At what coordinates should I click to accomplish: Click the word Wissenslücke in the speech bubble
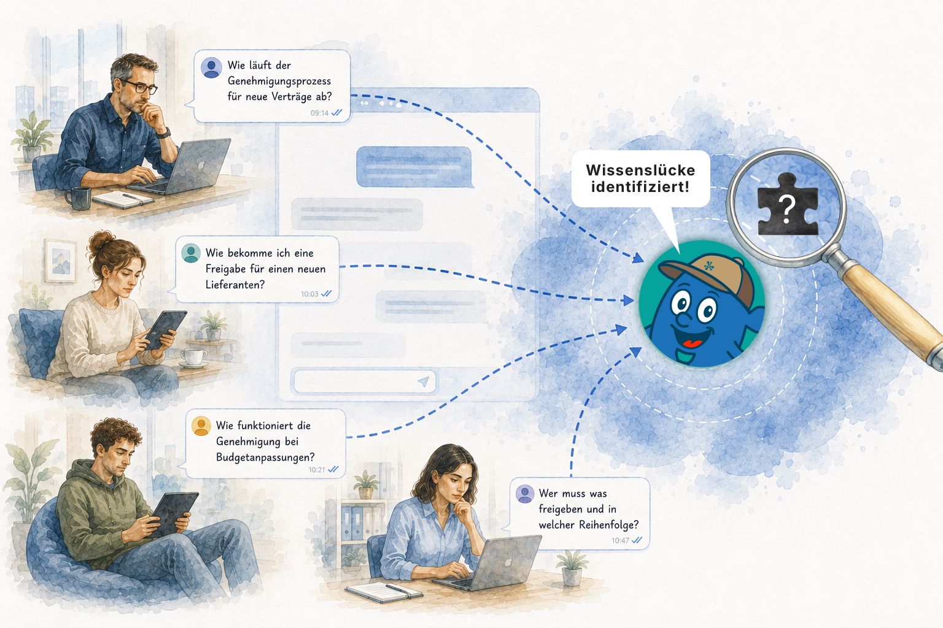[640, 170]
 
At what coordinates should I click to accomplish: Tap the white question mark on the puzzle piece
[786, 210]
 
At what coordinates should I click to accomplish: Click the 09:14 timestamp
[319, 113]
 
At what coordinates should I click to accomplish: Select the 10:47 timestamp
[620, 540]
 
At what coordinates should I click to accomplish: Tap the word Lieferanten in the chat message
[235, 285]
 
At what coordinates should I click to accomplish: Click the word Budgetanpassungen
[265, 458]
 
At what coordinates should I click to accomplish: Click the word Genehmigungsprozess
[279, 81]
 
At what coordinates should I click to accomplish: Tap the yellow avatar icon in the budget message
[201, 426]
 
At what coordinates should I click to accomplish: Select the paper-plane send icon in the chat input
[424, 381]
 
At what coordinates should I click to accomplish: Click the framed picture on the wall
[61, 261]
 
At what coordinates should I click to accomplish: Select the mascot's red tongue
[693, 343]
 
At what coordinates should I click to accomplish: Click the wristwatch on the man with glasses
[164, 134]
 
